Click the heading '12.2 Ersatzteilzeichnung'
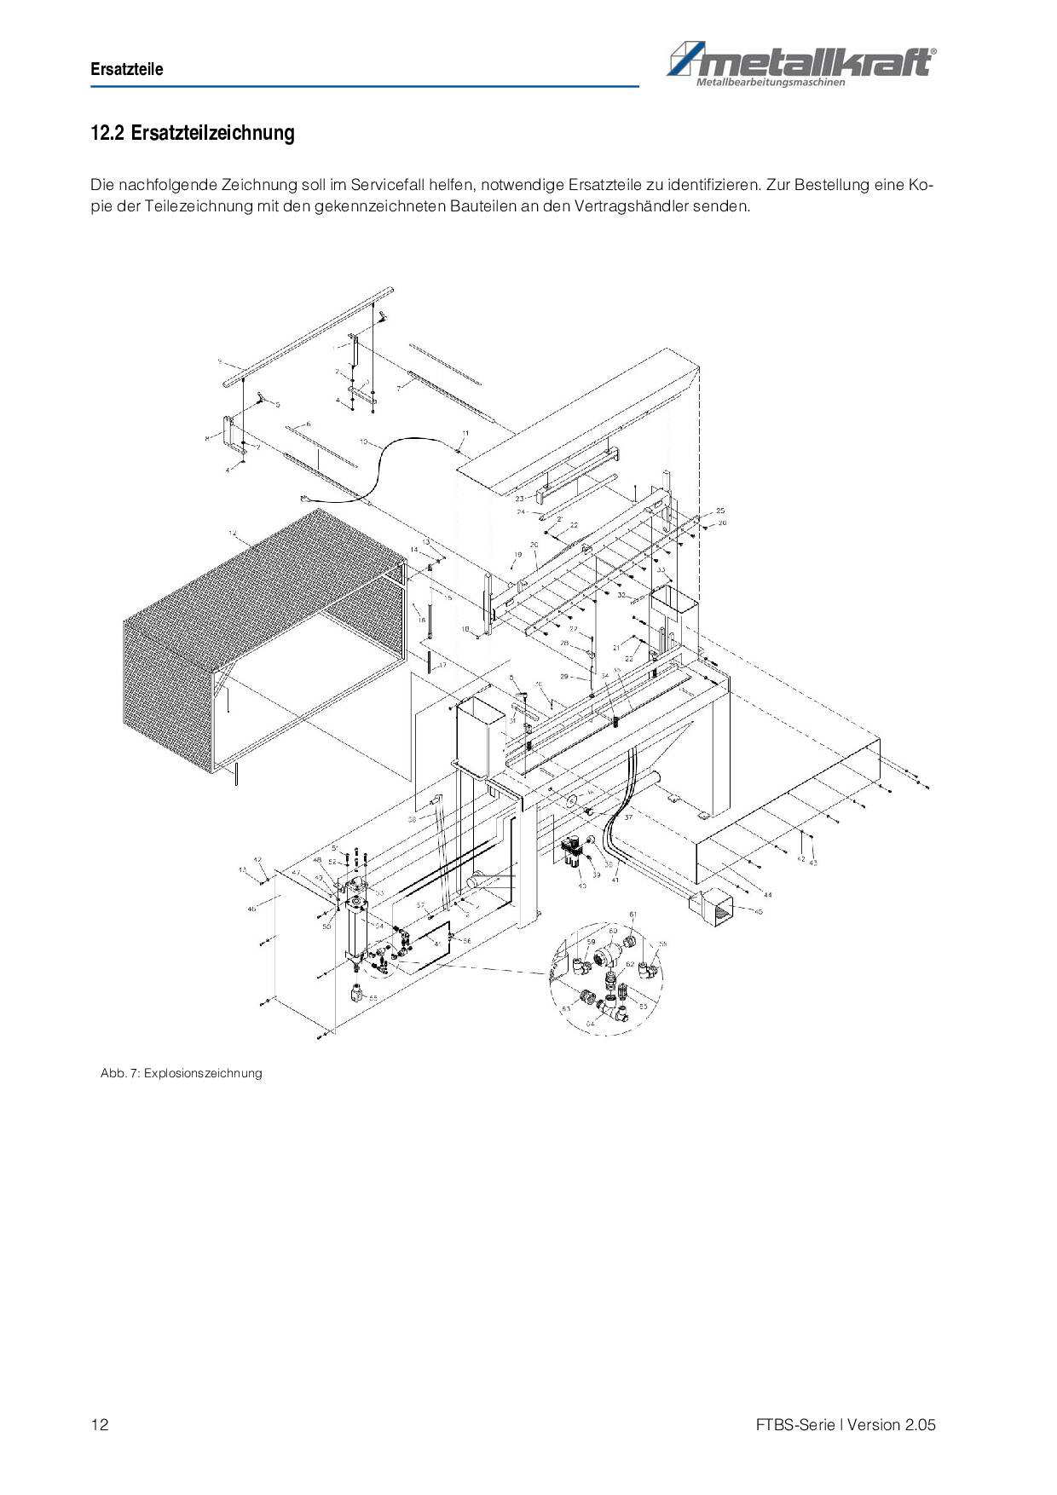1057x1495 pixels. (x=193, y=133)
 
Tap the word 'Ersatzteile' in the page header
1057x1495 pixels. (x=127, y=70)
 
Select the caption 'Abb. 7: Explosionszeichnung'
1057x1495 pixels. (x=181, y=1073)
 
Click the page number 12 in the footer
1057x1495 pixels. (x=99, y=1424)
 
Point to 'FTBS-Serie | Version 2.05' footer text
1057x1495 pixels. (x=845, y=1424)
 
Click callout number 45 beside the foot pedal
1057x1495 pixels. (x=758, y=911)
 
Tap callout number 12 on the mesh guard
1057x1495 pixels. (x=232, y=534)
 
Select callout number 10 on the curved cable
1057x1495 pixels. (x=363, y=442)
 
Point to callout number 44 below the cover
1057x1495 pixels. (x=768, y=894)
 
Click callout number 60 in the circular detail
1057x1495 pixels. (x=612, y=931)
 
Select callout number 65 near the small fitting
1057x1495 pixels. (x=373, y=996)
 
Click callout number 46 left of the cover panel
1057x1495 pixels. (x=251, y=909)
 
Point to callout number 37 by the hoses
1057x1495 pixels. (x=628, y=817)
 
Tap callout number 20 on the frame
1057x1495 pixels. (x=534, y=544)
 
